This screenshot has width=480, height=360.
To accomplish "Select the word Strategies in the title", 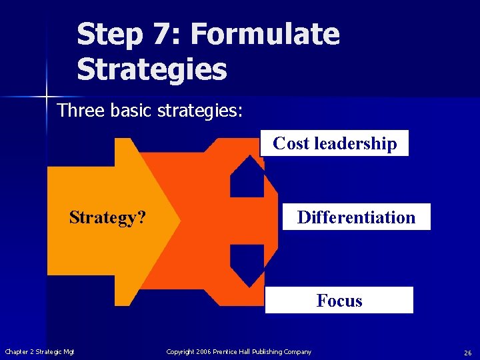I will (152, 69).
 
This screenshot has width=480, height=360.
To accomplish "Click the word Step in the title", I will (109, 35).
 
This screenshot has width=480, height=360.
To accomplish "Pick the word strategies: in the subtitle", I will (200, 110).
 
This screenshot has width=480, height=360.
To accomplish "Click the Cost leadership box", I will (335, 143).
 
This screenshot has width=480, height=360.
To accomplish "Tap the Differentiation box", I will (356, 217).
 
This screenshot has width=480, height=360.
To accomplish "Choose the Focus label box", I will (339, 301).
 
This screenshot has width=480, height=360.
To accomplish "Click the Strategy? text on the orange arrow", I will (108, 218).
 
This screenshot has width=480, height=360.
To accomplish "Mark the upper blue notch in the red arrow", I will (247, 177).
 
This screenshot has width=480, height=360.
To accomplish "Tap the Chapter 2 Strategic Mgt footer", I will (40, 352).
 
